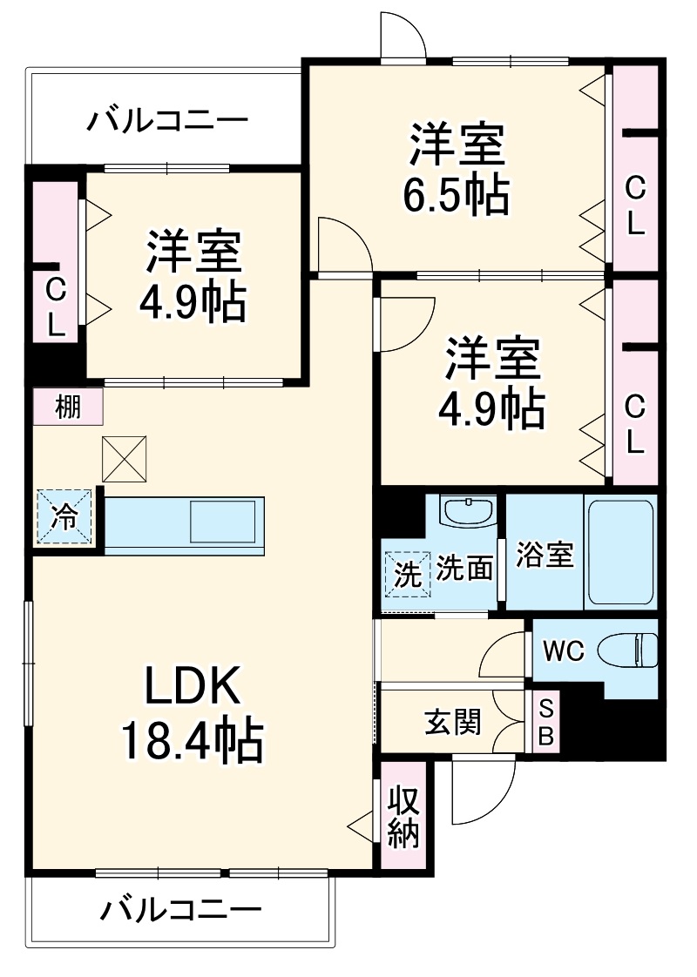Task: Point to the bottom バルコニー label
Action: [x=180, y=912]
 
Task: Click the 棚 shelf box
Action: [x=68, y=407]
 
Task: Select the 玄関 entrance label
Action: [x=452, y=721]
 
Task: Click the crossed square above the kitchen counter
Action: [x=125, y=458]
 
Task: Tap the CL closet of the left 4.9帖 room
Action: [x=56, y=305]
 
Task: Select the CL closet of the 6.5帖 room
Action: [x=635, y=205]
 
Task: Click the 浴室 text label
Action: [x=545, y=555]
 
